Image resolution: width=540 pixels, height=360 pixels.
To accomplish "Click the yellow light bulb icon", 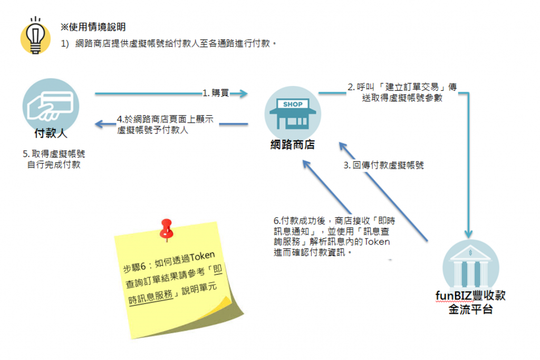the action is (x=35, y=35).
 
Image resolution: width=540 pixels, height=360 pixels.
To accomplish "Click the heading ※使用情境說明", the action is (x=93, y=26).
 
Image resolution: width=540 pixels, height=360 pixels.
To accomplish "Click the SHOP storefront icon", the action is (x=292, y=112).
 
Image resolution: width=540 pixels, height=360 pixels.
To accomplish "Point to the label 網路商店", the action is (x=292, y=144).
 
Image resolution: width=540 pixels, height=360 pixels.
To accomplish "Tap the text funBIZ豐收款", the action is (x=470, y=296).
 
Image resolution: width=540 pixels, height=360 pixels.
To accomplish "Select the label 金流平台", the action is (x=470, y=310).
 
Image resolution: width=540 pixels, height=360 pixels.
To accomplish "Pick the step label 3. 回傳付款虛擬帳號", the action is (x=384, y=165).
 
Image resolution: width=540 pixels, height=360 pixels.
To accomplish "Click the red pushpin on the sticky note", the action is (x=167, y=228).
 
